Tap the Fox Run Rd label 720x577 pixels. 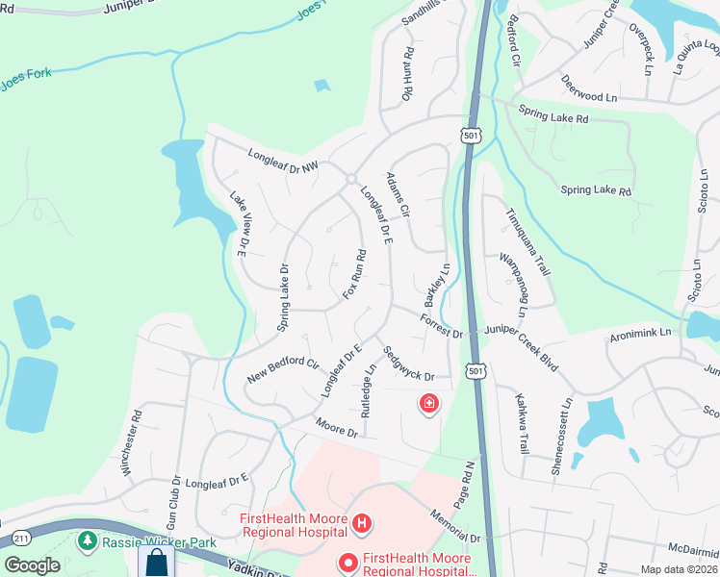[x=354, y=274]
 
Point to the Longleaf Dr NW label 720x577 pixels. [x=282, y=160]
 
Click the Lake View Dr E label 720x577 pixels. [x=238, y=224]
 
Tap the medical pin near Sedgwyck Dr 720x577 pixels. [x=427, y=404]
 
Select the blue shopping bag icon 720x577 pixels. [x=156, y=562]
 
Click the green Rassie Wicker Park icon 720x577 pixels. [x=88, y=541]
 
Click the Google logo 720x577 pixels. [x=32, y=565]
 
